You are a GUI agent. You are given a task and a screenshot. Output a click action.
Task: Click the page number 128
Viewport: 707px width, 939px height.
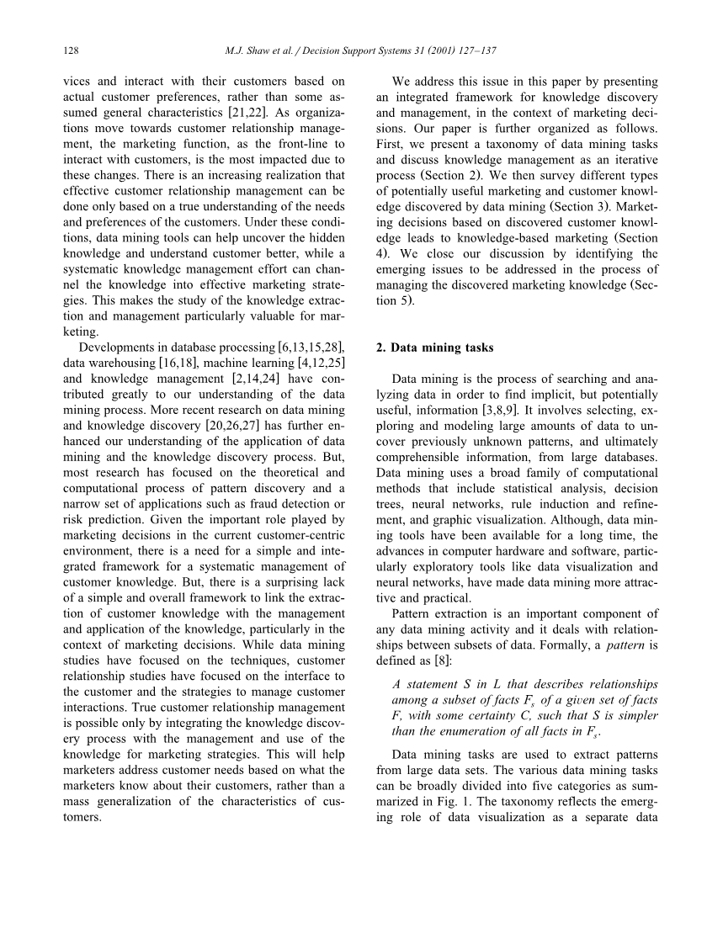(x=71, y=50)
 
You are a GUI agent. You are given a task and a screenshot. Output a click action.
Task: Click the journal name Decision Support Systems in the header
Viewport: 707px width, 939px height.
(x=339, y=50)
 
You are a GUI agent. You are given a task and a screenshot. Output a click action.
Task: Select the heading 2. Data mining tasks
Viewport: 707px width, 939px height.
(x=434, y=347)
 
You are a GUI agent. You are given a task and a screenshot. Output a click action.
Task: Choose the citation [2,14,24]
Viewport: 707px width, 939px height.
(x=252, y=379)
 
